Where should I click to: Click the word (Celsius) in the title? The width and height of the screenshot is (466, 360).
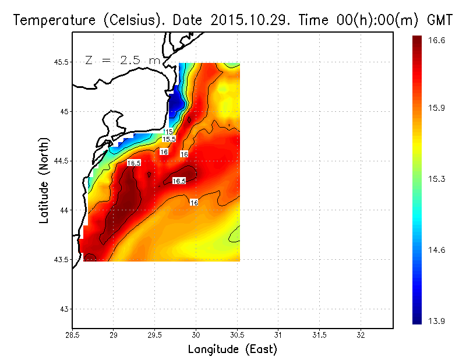click(123, 20)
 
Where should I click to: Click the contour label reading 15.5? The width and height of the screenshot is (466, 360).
click(169, 139)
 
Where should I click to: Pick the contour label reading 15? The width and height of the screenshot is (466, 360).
click(169, 132)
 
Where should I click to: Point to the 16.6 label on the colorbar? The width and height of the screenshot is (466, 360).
click(436, 41)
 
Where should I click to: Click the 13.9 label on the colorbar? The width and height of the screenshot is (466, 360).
click(436, 320)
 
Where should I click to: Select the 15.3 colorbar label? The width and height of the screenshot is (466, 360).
click(436, 179)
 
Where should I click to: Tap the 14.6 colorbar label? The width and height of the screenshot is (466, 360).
click(436, 250)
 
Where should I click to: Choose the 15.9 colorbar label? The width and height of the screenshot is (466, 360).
click(436, 108)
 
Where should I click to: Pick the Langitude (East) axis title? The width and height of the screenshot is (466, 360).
click(232, 349)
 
